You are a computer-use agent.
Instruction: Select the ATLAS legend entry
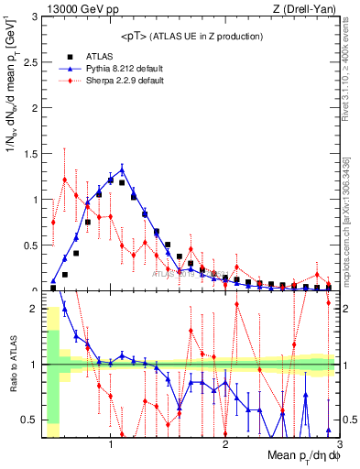96,56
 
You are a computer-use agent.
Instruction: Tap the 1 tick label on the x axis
111,446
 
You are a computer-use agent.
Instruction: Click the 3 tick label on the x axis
338,446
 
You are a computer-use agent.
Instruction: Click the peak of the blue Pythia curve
122,169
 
